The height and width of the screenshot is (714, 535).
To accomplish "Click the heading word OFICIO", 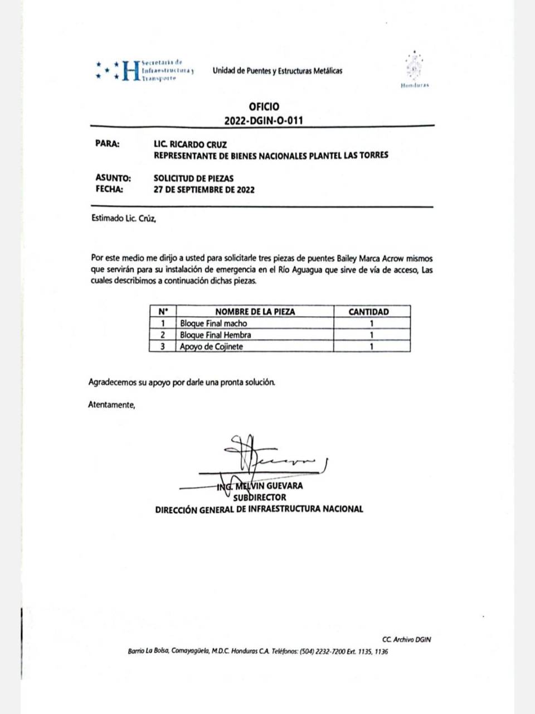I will pos(264,107).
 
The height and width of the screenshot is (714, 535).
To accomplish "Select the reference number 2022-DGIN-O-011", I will pos(264,120).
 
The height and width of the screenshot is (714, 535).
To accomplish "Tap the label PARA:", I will pos(108,144).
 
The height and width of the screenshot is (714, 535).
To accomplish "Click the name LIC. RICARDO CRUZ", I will pos(190,144).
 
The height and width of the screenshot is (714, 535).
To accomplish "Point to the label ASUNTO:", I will pos(113,178).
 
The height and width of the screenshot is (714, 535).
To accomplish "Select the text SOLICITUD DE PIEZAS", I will pos(193,178).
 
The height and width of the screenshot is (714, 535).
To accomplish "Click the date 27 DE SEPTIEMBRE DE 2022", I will pos(204,190).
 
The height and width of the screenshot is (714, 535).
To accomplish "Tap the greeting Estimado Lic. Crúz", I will pos(124,219).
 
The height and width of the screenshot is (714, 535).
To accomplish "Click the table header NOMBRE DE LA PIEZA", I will pos(255,312).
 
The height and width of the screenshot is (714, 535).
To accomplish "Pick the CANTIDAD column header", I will pos(368,312).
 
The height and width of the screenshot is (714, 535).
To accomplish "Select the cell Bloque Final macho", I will pos(213,324).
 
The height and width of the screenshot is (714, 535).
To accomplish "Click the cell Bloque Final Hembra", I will pos(215,335).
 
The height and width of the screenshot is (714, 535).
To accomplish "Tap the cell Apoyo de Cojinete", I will pos(211,346).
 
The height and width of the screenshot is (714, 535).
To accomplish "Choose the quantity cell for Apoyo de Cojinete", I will pos(372,346).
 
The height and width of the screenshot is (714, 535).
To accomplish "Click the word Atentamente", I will pos(111,405).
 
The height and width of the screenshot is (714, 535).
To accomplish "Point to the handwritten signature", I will pos(267,455).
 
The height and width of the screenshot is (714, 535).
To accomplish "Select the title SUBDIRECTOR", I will pos(260,497).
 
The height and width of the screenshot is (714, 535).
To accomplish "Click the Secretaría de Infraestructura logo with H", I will pos(144,71).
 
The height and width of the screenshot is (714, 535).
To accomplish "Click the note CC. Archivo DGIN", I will pos(407,640).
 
